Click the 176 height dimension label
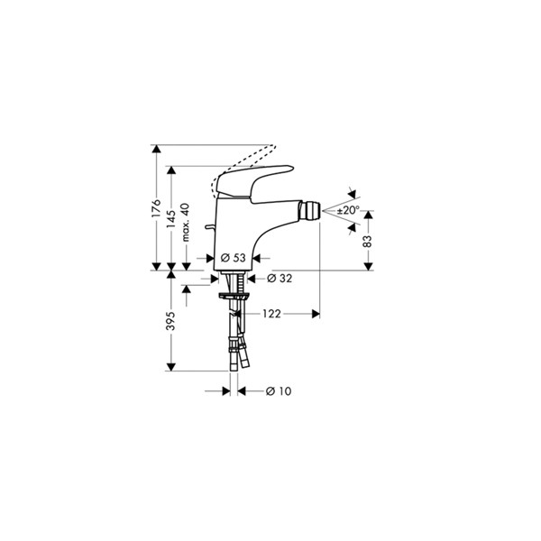(x=156, y=207)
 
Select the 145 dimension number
(x=171, y=219)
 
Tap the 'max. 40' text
(x=186, y=222)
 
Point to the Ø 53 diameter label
(x=234, y=257)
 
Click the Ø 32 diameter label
(x=280, y=278)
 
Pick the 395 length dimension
(x=171, y=321)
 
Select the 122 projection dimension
(x=272, y=314)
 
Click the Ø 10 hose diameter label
(x=279, y=391)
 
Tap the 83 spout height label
(x=368, y=241)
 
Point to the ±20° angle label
(x=348, y=210)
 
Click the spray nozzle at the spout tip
(x=310, y=209)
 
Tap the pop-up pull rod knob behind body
(x=209, y=226)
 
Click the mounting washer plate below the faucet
(x=234, y=296)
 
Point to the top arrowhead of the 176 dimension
(x=156, y=149)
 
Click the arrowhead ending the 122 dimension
(x=316, y=314)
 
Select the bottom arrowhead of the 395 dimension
(x=171, y=367)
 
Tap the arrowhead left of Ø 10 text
(x=226, y=391)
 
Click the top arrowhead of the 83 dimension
(x=368, y=215)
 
